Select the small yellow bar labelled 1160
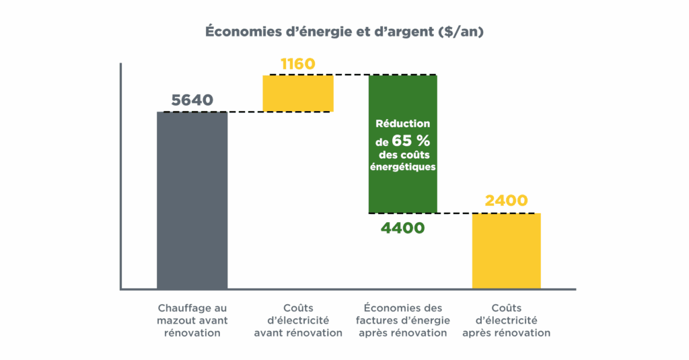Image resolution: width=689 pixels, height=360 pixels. click(x=298, y=93)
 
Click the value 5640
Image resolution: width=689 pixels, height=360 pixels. click(x=192, y=100)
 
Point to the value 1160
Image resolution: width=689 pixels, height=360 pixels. click(x=297, y=65)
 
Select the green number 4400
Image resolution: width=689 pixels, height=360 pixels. click(x=402, y=227)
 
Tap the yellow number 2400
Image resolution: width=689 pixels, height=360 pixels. click(x=505, y=201)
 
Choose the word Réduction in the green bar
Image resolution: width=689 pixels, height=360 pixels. click(x=402, y=124)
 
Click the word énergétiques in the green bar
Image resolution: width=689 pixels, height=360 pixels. click(x=402, y=167)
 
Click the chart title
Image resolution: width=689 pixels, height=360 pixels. click(x=344, y=32)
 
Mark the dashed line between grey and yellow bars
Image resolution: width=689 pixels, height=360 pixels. click(x=245, y=112)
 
